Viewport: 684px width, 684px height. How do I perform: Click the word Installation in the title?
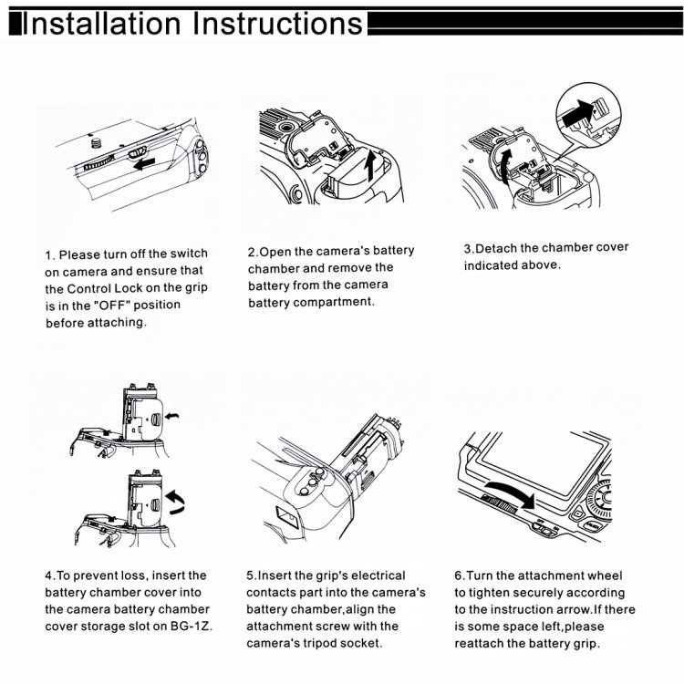101,23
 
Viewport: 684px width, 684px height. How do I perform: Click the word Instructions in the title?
278,23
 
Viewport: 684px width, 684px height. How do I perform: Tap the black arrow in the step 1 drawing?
144,164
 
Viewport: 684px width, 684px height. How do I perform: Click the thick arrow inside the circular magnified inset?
578,113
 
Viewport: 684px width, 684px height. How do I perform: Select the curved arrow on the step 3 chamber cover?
504,167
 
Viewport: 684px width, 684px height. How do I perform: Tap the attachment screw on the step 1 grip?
96,142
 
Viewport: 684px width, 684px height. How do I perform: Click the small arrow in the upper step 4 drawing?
172,415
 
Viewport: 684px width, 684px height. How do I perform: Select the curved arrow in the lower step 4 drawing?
176,502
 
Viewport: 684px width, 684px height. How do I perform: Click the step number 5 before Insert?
250,575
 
